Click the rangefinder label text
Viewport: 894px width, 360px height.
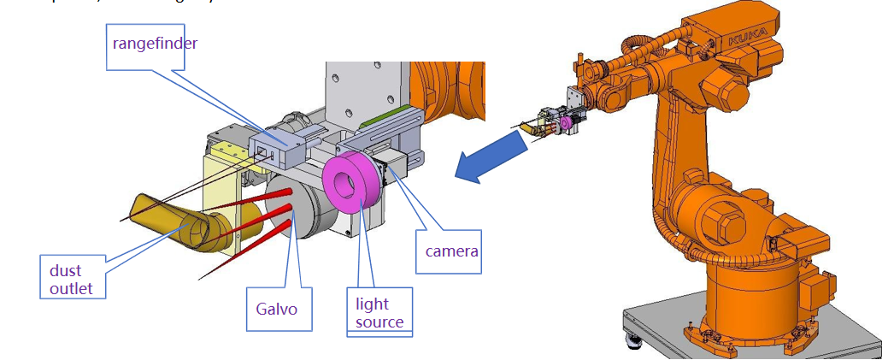[x=155, y=42]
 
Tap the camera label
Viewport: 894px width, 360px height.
[x=452, y=251]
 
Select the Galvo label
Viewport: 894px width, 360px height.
[x=277, y=309]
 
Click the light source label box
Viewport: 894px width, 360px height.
[x=379, y=313]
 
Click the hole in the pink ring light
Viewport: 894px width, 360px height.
[x=347, y=184]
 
